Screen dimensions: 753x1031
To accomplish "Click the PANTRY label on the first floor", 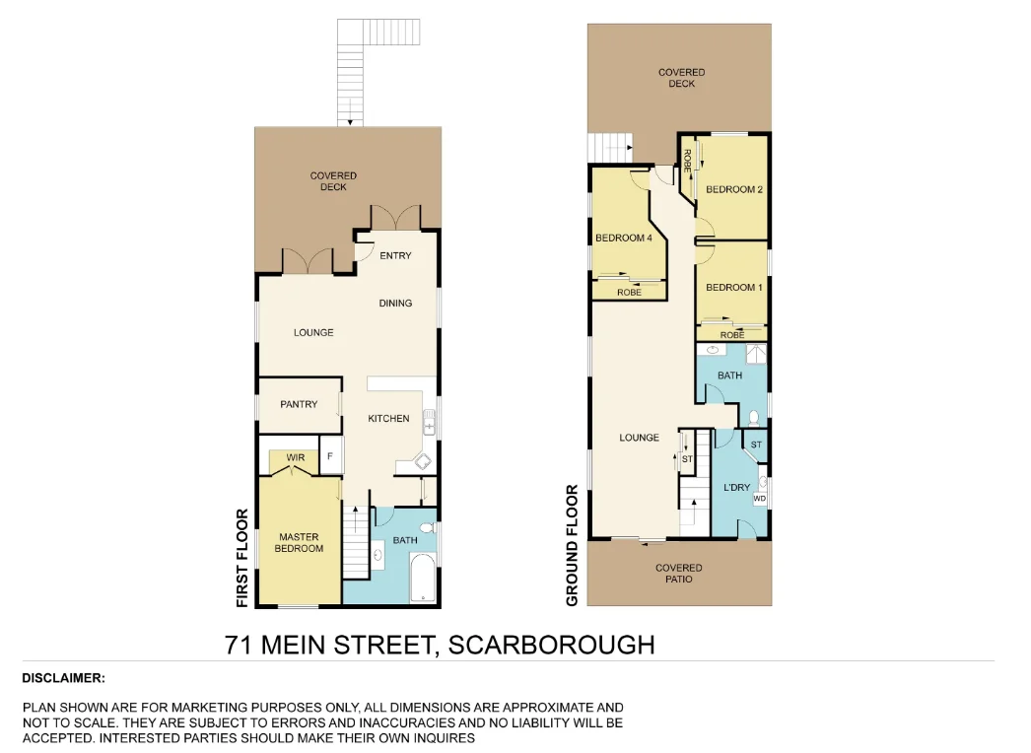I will coord(298,404).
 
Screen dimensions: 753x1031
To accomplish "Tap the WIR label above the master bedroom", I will coord(295,458).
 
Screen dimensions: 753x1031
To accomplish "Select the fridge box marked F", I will coord(329,457).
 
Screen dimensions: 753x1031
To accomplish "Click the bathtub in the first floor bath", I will coord(422,579).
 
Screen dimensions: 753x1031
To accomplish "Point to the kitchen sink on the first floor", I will coord(430,424).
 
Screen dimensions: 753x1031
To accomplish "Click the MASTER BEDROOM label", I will coord(298,543).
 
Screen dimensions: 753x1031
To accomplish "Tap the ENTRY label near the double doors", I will coord(395,256).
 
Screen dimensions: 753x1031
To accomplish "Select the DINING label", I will coord(395,304).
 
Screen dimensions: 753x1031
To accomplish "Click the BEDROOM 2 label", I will coord(734,189).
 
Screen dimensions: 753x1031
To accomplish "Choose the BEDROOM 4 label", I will coord(623,238).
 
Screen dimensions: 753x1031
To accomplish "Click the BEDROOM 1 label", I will coord(733,287).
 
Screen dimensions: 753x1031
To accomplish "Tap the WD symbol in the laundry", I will coord(759,499).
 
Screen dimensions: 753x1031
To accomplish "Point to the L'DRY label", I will coord(737,488).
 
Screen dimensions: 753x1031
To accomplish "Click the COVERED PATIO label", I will coord(679,573).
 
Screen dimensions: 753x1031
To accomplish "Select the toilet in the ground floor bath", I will coord(752,417).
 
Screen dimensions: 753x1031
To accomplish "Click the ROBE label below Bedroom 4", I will coord(629,293).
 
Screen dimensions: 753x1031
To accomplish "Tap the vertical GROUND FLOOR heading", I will coord(572,544).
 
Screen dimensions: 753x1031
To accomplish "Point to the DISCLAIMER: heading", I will coord(63,678).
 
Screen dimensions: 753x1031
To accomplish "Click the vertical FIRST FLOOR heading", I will coord(241,557).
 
